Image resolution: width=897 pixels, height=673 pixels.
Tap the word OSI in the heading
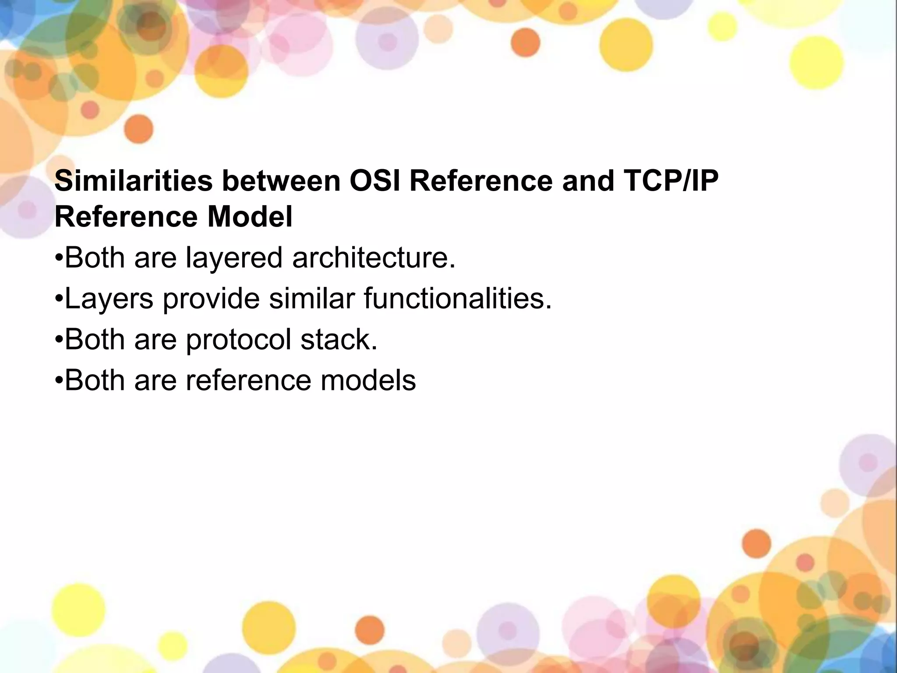(x=374, y=181)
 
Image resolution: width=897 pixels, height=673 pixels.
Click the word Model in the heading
(x=250, y=217)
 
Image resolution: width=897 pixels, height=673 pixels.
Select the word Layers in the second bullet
(x=109, y=298)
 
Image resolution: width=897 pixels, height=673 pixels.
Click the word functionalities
(x=458, y=298)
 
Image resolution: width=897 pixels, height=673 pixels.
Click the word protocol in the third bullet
(x=238, y=340)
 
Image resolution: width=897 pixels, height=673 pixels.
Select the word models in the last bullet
(x=368, y=380)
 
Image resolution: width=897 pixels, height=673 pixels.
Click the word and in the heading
(x=588, y=181)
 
